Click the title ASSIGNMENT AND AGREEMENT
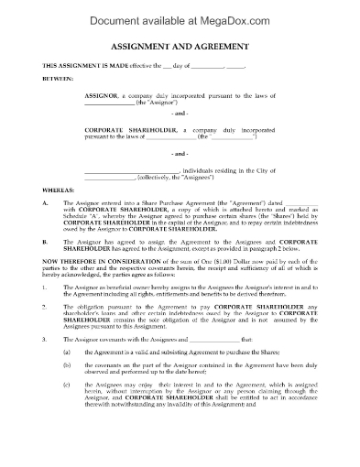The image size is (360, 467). [x=180, y=54]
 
